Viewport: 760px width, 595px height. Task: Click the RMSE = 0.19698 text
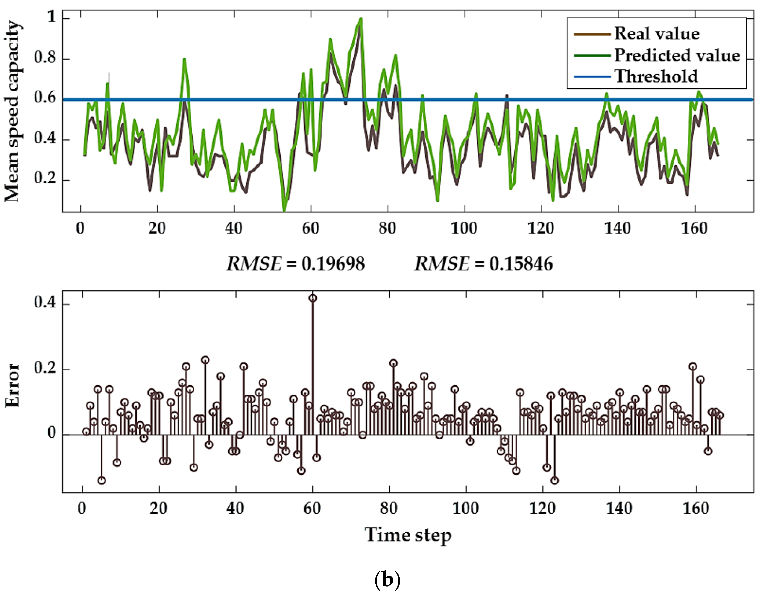pyautogui.click(x=296, y=264)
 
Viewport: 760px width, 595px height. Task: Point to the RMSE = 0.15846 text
pyautogui.click(x=483, y=264)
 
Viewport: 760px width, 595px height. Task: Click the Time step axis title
pyautogui.click(x=408, y=535)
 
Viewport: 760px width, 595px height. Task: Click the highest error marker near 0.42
pyautogui.click(x=313, y=298)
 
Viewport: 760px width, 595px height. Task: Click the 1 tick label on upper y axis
pyautogui.click(x=51, y=16)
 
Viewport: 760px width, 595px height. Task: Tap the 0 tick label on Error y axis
pyautogui.click(x=51, y=433)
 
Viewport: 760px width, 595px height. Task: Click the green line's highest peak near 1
pyautogui.click(x=361, y=19)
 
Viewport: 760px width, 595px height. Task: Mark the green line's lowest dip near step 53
pyautogui.click(x=284, y=210)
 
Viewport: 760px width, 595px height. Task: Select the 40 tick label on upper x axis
pyautogui.click(x=233, y=228)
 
